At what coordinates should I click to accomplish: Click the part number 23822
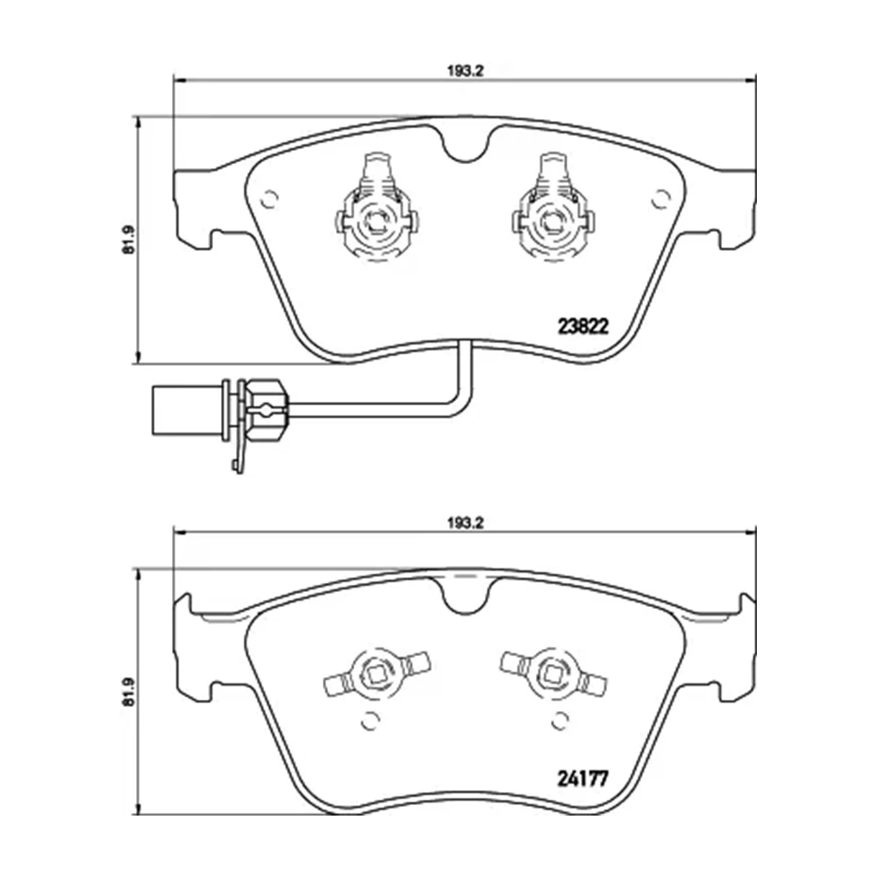583,325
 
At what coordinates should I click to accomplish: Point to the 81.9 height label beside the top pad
128,239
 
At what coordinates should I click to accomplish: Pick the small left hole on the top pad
270,199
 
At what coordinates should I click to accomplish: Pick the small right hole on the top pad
659,199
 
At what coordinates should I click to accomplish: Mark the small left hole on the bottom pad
369,721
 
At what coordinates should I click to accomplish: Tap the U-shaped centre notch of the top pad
466,146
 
